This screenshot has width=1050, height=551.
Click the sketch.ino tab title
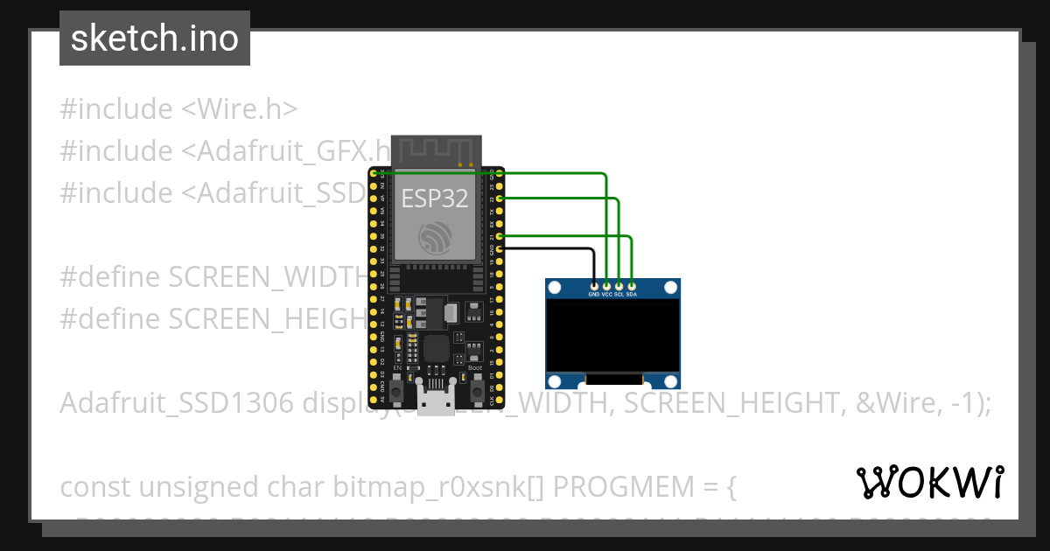(155, 38)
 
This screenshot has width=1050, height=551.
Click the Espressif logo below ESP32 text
(435, 238)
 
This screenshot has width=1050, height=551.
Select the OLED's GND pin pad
(595, 285)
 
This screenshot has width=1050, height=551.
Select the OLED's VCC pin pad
(607, 285)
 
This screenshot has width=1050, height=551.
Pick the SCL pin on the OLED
(619, 285)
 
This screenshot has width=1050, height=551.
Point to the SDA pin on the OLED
(632, 285)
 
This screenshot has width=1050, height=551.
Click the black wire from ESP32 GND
(551, 248)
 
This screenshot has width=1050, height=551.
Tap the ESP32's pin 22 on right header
(500, 199)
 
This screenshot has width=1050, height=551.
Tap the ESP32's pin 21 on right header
(500, 236)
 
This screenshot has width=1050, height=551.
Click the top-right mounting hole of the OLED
(671, 287)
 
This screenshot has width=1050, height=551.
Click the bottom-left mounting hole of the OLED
(555, 380)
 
